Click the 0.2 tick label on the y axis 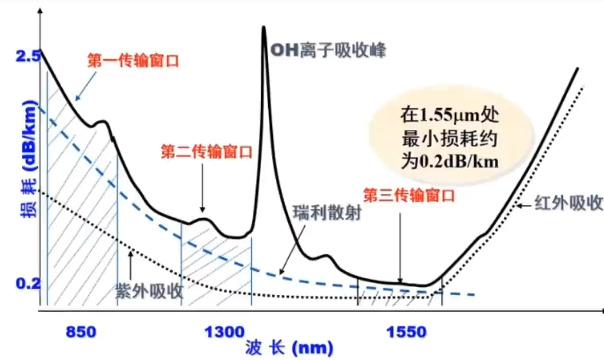pyautogui.click(x=27, y=284)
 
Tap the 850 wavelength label pyautogui.click(x=81, y=332)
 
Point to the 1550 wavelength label pyautogui.click(x=406, y=332)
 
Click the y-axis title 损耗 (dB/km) pyautogui.click(x=27, y=158)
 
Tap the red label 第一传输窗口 pyautogui.click(x=133, y=61)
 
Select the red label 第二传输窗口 pyautogui.click(x=206, y=152)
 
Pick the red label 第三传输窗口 pyautogui.click(x=409, y=196)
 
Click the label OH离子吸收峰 pyautogui.click(x=329, y=50)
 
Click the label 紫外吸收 pyautogui.click(x=150, y=290)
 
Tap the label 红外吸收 pyautogui.click(x=568, y=204)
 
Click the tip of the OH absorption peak pyautogui.click(x=263, y=28)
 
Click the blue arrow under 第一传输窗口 pyautogui.click(x=86, y=88)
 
